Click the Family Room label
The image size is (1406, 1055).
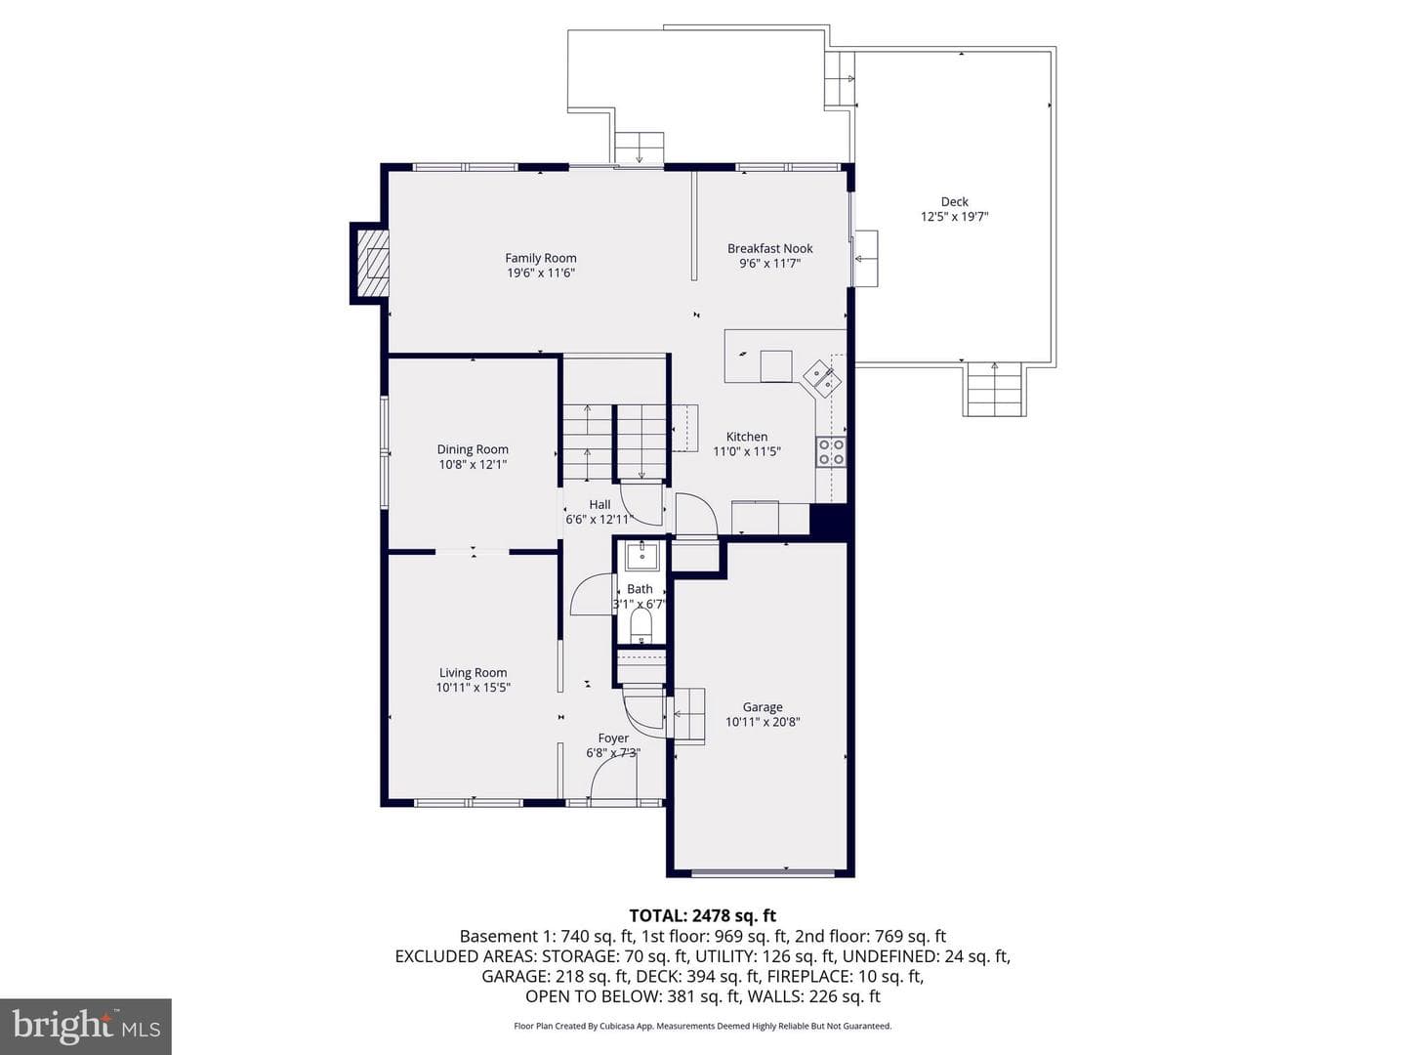[541, 258]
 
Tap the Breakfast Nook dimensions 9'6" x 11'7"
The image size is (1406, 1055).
[770, 264]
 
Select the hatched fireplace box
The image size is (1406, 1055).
[373, 263]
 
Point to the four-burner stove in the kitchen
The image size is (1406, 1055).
[831, 451]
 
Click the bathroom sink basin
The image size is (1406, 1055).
[641, 555]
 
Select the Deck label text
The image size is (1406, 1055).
[954, 202]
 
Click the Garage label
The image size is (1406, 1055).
[763, 707]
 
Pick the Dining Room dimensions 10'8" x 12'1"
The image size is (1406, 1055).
[473, 464]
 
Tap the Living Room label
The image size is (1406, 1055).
[473, 673]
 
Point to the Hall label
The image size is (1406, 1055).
[600, 505]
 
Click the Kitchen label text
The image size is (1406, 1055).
[747, 437]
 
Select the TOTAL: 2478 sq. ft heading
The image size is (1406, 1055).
[703, 916]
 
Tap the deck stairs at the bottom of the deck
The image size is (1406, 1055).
[994, 389]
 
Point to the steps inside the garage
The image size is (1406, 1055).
[687, 715]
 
